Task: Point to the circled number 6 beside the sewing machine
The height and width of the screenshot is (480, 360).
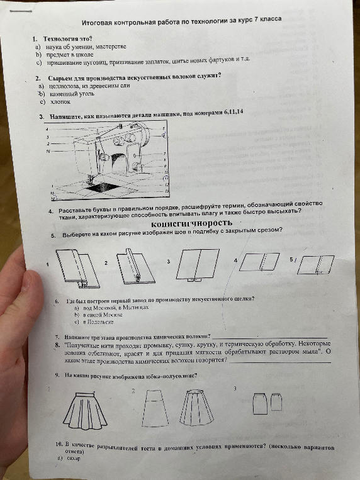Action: point(164,135)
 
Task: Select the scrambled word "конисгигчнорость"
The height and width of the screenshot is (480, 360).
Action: point(192,223)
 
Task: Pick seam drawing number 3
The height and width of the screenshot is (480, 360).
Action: point(196,262)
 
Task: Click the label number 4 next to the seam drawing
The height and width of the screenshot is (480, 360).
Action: point(235,260)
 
